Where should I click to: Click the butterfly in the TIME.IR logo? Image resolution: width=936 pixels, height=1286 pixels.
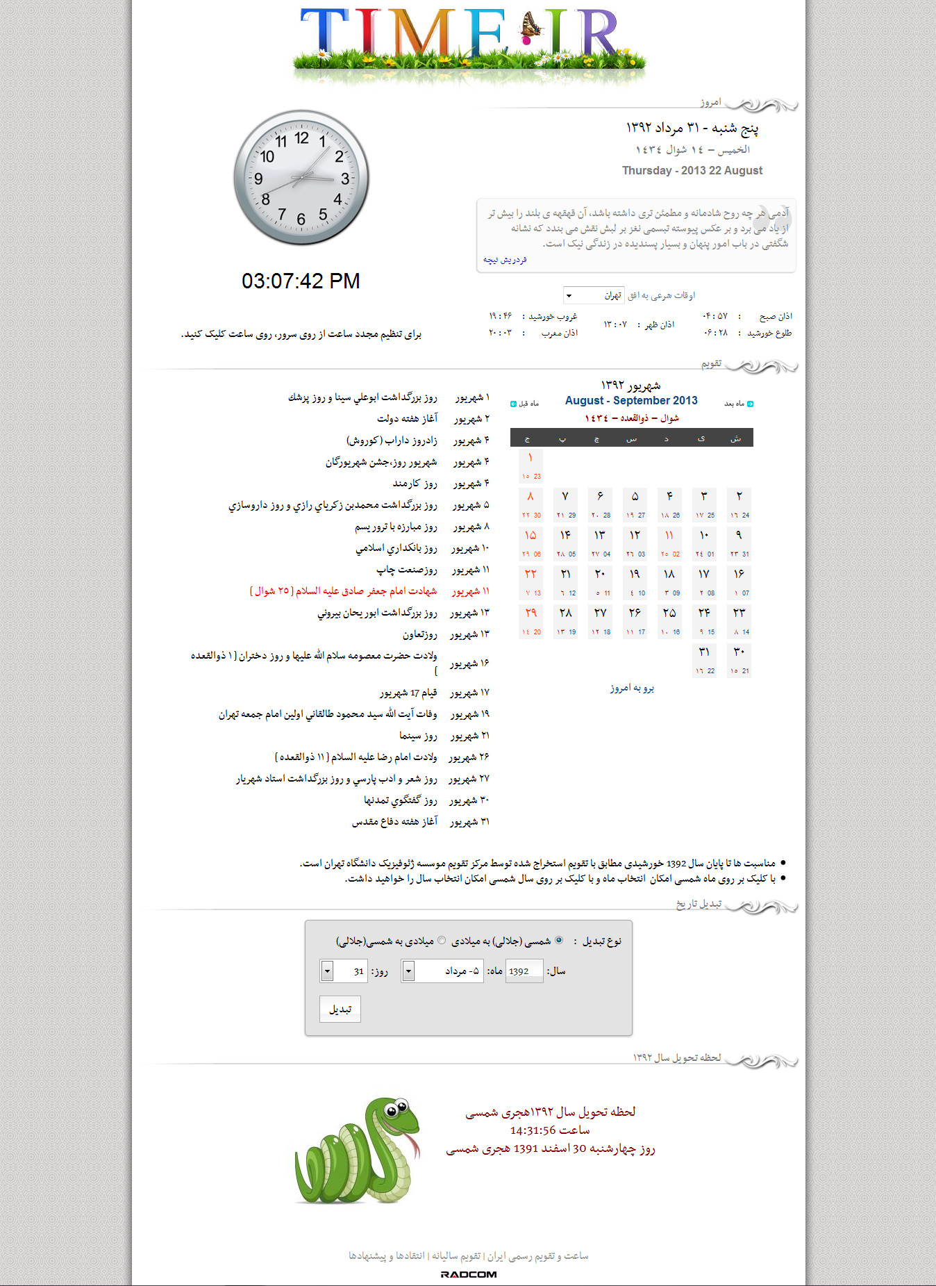coord(531,27)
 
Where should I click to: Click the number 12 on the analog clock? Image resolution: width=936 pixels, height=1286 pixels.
coord(301,138)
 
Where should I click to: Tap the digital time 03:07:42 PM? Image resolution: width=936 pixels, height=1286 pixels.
coord(301,281)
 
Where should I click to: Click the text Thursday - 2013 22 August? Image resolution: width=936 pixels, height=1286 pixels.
coord(692,171)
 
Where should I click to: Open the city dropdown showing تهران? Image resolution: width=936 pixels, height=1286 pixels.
coord(593,296)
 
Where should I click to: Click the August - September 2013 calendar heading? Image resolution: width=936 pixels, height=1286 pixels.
coord(630,401)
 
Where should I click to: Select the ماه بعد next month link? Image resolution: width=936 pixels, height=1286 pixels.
coord(738,404)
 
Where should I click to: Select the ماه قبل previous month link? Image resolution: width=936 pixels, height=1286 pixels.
coord(525,404)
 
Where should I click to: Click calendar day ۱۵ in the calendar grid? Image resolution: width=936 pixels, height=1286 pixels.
coord(530,536)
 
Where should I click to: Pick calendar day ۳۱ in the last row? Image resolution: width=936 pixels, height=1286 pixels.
coord(704,653)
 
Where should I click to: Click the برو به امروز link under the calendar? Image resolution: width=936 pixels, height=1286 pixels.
coord(632,689)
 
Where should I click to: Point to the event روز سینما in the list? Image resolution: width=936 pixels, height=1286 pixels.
coord(418,736)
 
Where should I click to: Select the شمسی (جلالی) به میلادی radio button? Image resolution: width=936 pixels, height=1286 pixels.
coord(559,941)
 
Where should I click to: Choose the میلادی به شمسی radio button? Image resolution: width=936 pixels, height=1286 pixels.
coord(442,941)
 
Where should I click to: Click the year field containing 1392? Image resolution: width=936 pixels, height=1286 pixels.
coord(524,971)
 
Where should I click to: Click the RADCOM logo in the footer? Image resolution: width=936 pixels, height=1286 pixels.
coord(469,1274)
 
